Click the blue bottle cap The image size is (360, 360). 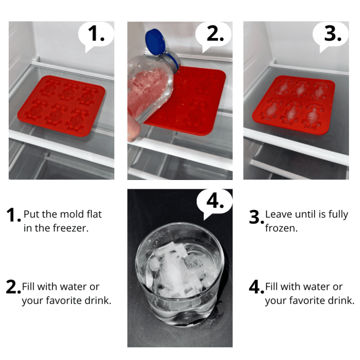tap(155, 42)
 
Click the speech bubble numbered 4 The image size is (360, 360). tap(215, 202)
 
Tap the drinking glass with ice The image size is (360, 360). tap(179, 275)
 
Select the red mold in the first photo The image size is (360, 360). tap(61, 106)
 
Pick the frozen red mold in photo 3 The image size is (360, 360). tap(294, 104)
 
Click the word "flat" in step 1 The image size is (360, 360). tap(94, 214)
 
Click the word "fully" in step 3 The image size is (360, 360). tap(338, 215)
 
